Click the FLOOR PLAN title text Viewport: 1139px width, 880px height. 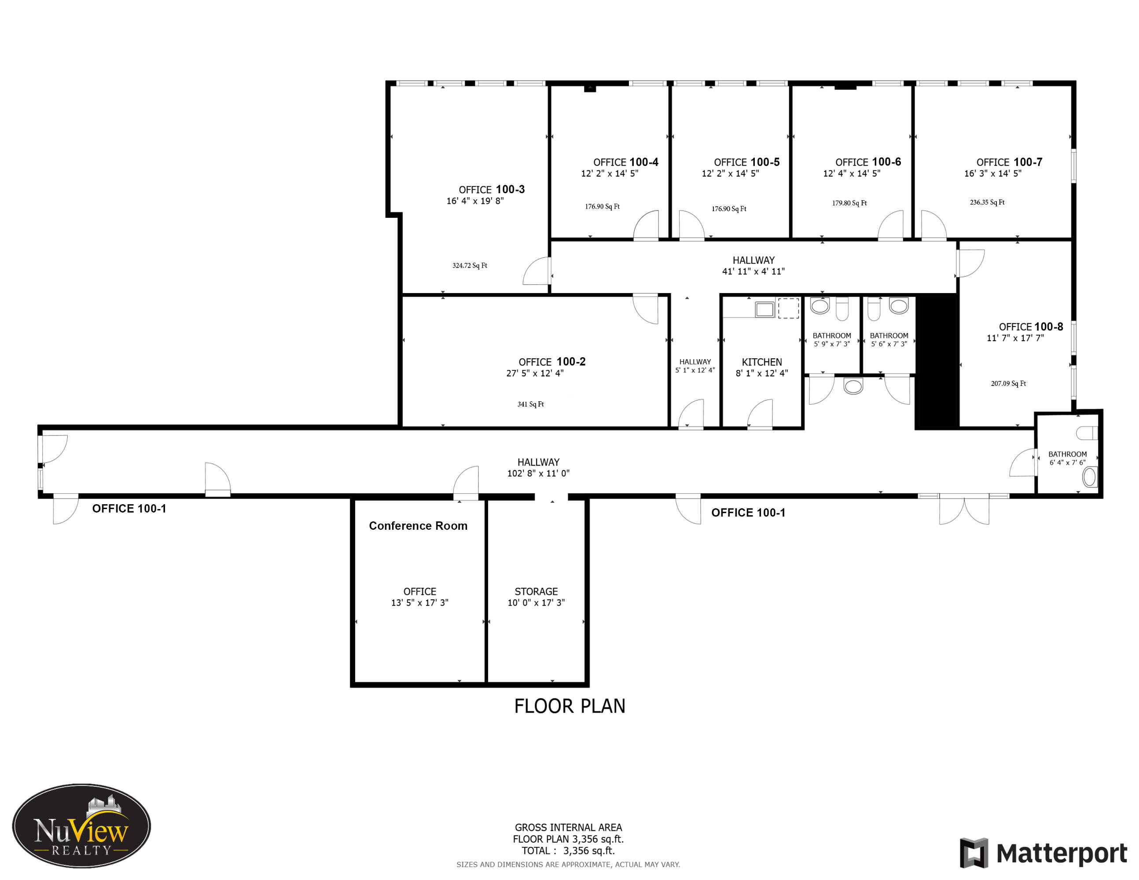(569, 706)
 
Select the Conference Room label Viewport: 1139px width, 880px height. (418, 525)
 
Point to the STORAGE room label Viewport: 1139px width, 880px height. (536, 591)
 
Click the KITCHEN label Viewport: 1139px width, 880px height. (762, 362)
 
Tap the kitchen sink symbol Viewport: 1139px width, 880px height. (764, 309)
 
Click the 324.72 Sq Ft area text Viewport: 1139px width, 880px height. (469, 265)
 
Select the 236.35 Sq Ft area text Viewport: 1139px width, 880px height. (987, 202)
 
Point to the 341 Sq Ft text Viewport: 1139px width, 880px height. (530, 404)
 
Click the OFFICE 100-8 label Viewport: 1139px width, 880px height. (1031, 327)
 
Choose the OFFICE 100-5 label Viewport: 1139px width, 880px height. (747, 162)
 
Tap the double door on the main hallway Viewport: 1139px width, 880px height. (964, 510)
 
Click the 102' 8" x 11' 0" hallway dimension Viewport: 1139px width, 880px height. (538, 473)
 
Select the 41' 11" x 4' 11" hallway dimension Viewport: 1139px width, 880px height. (753, 271)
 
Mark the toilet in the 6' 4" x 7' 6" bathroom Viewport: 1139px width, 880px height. (1088, 433)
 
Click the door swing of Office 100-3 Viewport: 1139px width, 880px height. (536, 271)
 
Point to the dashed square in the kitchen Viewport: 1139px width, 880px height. (789, 308)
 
